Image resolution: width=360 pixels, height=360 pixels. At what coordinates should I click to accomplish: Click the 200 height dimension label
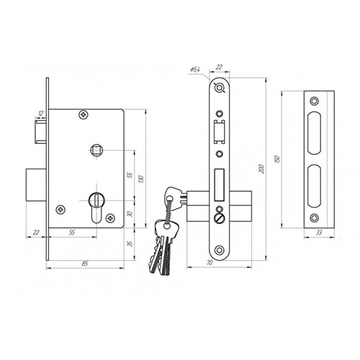[262, 169]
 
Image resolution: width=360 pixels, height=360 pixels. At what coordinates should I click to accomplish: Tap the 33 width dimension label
[319, 233]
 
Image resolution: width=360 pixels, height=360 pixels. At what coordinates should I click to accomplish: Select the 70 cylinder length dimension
[210, 263]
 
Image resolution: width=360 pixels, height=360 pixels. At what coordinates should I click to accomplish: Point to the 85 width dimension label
[84, 264]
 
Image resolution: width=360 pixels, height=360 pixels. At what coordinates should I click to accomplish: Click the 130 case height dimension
[141, 179]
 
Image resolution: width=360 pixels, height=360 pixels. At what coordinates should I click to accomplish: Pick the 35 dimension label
[130, 244]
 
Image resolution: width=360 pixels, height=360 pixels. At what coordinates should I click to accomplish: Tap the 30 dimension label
[130, 214]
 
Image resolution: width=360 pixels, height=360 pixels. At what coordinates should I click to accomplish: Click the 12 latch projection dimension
[40, 114]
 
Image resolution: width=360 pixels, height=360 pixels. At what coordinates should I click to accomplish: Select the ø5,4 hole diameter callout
[195, 70]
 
